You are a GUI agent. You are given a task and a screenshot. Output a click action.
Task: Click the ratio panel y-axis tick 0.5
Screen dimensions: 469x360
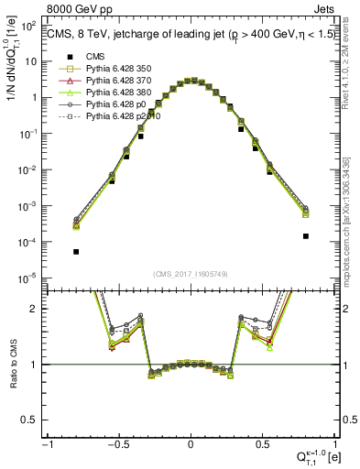click(x=34, y=420)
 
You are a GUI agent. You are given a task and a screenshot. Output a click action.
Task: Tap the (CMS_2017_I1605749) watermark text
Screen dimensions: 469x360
click(x=191, y=274)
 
